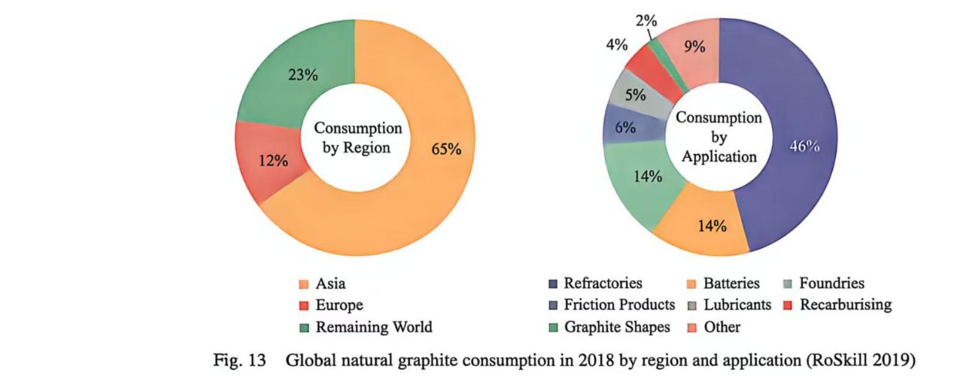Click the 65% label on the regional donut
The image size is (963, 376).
click(446, 149)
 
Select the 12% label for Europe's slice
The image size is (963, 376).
click(272, 160)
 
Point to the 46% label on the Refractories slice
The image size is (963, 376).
click(804, 147)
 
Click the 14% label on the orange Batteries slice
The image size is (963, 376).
click(711, 226)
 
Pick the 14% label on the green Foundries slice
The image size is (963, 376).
click(647, 177)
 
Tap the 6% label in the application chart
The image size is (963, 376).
click(625, 129)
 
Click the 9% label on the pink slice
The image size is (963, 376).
click(694, 47)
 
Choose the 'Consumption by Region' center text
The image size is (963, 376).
click(357, 138)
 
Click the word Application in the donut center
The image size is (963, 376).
click(718, 157)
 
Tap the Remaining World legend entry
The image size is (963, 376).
click(373, 327)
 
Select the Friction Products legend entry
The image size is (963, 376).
click(618, 305)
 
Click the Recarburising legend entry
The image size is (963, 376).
click(845, 305)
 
